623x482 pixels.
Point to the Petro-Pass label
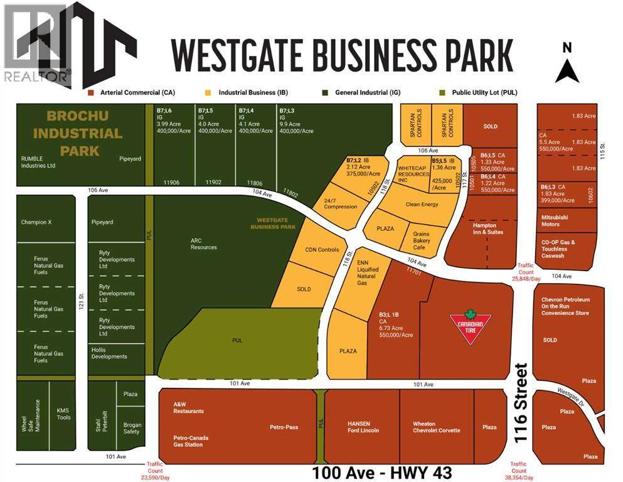284,427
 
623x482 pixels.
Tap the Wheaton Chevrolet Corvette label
437,427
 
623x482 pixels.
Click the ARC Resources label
204,243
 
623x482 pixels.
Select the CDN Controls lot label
322,250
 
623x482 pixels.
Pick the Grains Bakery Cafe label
421,240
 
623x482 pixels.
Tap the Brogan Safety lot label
131,427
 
